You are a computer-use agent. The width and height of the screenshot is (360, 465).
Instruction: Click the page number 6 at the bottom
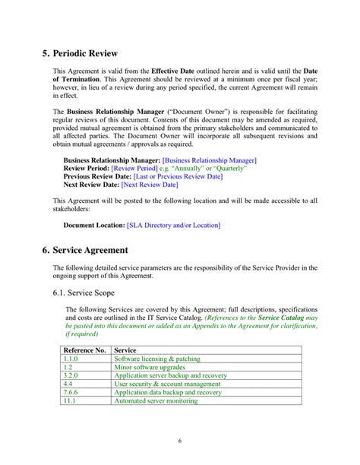(x=179, y=441)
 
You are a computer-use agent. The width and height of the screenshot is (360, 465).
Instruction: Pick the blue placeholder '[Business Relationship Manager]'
(x=210, y=161)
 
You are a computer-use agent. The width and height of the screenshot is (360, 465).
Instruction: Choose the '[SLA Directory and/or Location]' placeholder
(x=173, y=226)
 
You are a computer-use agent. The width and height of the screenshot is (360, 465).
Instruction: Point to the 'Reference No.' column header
(x=84, y=350)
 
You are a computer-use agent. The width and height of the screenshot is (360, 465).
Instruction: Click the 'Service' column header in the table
(x=125, y=350)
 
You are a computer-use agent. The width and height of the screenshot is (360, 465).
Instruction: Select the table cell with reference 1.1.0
(x=71, y=359)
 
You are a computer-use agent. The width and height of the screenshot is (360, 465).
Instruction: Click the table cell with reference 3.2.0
(x=71, y=375)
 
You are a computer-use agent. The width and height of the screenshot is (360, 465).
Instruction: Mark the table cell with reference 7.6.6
(x=71, y=393)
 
